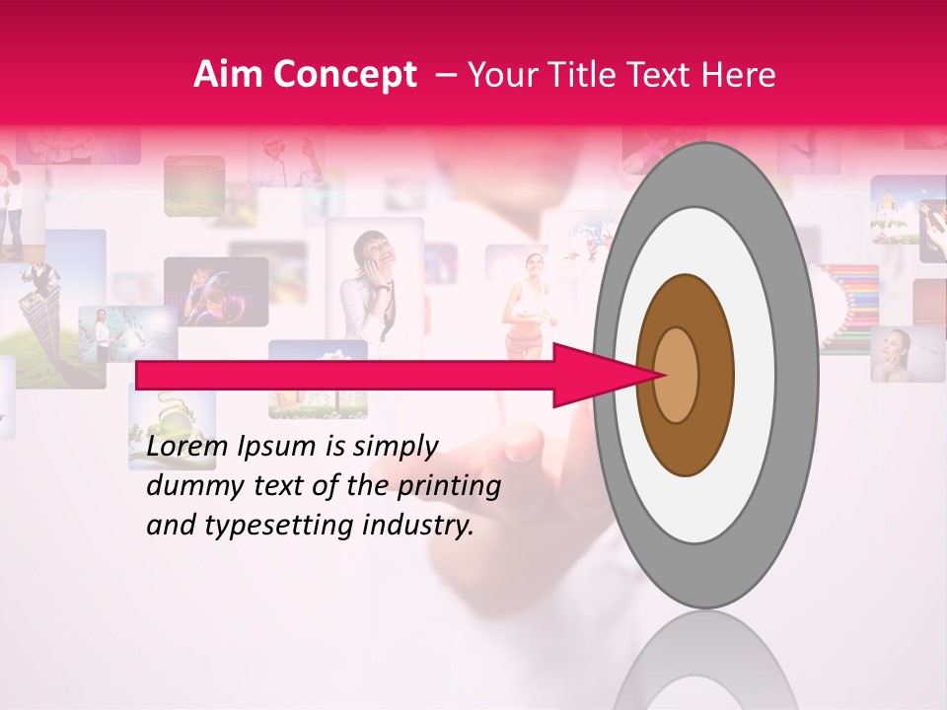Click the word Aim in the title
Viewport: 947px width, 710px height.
click(229, 75)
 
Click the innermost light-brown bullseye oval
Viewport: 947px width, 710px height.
click(677, 375)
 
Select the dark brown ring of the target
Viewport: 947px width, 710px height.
click(687, 444)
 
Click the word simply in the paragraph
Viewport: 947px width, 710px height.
click(395, 447)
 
